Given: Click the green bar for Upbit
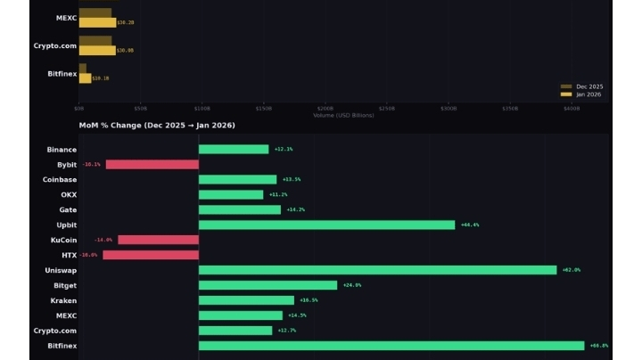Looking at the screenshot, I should [x=326, y=225].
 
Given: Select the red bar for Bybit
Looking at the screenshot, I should [x=152, y=164].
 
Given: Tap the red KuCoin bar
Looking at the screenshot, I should [x=158, y=240].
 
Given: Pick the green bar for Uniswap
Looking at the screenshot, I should [x=377, y=270].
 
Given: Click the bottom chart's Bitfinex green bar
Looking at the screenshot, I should [x=391, y=346].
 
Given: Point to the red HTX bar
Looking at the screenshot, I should [x=151, y=255].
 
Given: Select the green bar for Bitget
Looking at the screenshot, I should [x=267, y=285].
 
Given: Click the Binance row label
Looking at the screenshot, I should [x=62, y=150].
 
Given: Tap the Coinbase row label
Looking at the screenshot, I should [x=60, y=179].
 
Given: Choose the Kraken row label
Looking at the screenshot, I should [x=63, y=300].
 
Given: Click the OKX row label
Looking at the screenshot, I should [x=69, y=194].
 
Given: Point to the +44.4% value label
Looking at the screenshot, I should [x=470, y=225].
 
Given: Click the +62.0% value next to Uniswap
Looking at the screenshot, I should [x=572, y=270].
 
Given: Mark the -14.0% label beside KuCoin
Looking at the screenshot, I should [x=103, y=240].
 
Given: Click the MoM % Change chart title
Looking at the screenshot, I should [x=157, y=126].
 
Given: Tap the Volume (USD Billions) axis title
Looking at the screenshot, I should [x=343, y=115].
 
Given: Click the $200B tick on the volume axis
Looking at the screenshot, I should [x=325, y=109].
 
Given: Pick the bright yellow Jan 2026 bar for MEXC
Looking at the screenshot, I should [x=97, y=22].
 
